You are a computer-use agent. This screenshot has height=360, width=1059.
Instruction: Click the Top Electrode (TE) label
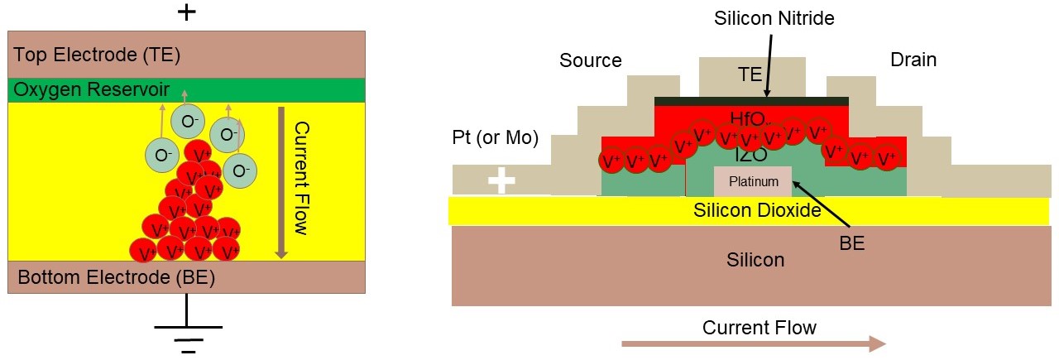[x=96, y=55]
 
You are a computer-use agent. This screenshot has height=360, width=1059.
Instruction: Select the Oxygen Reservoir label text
[x=90, y=89]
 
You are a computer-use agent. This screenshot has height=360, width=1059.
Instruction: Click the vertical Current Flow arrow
[x=281, y=182]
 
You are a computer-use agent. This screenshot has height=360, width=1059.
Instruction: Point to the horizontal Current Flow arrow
[x=753, y=343]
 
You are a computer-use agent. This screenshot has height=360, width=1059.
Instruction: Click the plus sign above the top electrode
[x=188, y=12]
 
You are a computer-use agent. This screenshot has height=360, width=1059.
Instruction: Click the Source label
[x=590, y=60]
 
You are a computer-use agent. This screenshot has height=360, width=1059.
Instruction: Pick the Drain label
[x=913, y=60]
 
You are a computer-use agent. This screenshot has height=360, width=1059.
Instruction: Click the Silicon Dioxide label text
[x=757, y=210]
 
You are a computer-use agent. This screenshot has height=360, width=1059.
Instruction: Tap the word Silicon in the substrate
[x=755, y=260]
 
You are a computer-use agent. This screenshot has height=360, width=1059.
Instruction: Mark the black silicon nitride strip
[x=751, y=101]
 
